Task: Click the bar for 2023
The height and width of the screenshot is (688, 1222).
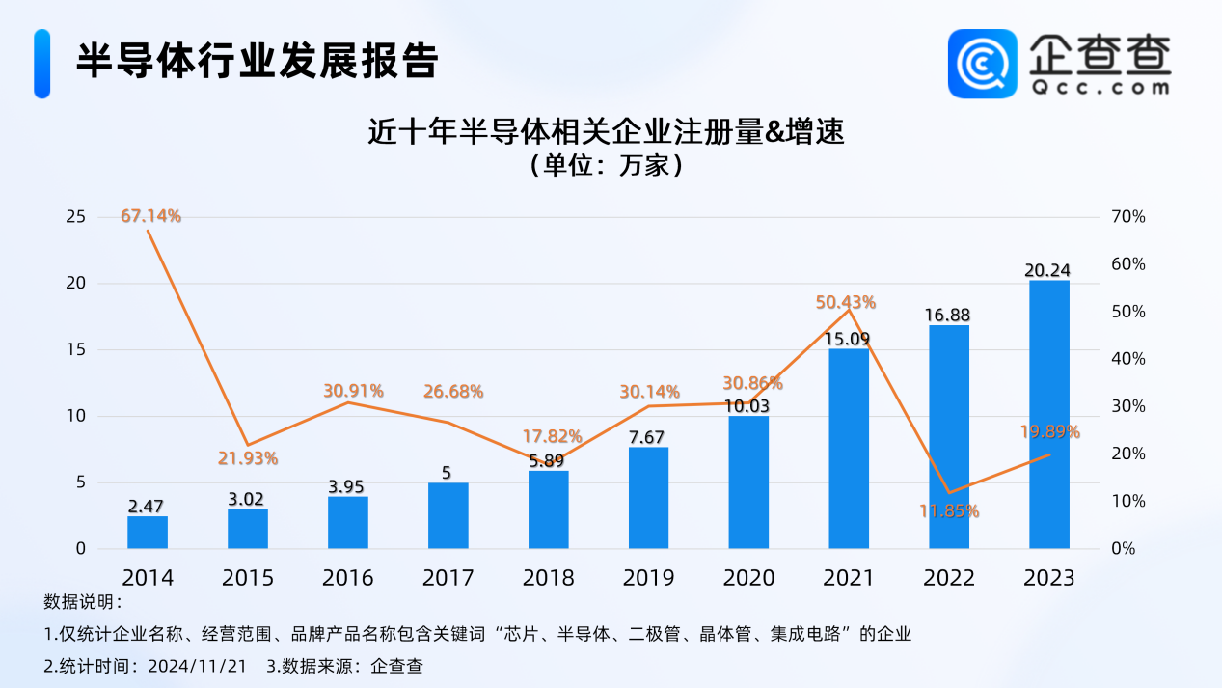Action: [1049, 415]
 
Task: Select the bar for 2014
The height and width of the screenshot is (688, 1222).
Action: [148, 533]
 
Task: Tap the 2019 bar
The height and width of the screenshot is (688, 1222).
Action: [648, 498]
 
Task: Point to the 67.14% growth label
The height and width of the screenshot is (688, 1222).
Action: [150, 216]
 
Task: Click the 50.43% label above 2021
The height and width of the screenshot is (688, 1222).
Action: [845, 302]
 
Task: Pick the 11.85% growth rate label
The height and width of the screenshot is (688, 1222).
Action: [949, 511]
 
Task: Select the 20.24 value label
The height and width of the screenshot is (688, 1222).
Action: [1049, 270]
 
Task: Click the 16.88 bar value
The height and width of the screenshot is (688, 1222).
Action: [949, 315]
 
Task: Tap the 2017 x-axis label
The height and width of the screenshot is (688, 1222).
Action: [448, 578]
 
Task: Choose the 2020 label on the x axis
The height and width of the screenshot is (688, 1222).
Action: [749, 578]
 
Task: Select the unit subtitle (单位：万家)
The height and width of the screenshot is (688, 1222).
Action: [607, 166]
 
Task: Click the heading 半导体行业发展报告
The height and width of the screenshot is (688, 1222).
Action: [258, 62]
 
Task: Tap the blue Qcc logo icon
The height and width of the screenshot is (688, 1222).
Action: [982, 63]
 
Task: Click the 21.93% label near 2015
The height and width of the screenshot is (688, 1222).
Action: [248, 458]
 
